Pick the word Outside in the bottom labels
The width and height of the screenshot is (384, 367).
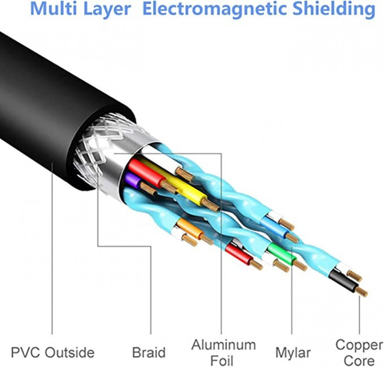click(x=70, y=352)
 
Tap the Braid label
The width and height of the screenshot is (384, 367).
click(x=149, y=352)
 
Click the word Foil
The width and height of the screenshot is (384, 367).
click(x=222, y=360)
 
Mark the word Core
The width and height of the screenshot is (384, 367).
click(x=359, y=360)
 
